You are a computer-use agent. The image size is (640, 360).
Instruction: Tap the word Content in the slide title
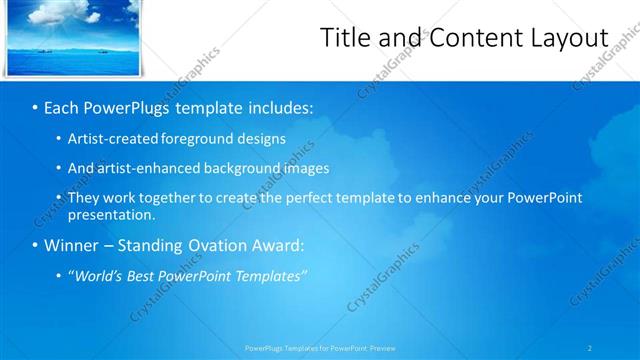click(468, 37)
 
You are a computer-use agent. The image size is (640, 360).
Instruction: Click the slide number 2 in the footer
click(590, 348)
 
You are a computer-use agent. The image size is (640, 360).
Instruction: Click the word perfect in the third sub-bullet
click(316, 198)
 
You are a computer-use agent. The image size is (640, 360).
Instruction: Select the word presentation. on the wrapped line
click(112, 214)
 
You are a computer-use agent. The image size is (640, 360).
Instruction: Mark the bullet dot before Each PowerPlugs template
click(35, 107)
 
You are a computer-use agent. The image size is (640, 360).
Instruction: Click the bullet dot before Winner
click(35, 245)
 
